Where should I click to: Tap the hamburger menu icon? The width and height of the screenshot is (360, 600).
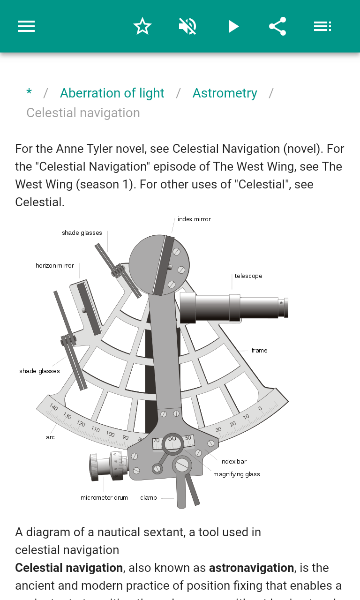point(26,26)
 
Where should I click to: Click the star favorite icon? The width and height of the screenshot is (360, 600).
point(142,26)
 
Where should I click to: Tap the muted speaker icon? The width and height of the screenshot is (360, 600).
point(187,26)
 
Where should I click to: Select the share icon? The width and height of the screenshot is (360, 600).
point(277,26)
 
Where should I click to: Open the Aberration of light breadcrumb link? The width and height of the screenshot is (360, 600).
point(112,93)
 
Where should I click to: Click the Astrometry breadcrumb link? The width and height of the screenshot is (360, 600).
point(225,93)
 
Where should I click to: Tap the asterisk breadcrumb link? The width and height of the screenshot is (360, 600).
point(29,93)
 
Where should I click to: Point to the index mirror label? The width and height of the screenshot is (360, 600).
point(194,219)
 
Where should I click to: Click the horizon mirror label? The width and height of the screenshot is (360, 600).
point(55,266)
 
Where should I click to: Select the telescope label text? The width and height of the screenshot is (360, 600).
point(248,276)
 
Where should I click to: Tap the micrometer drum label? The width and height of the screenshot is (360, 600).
point(104,498)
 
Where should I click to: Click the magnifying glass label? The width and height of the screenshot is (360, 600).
point(236,474)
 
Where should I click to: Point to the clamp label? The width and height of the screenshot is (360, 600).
point(149,498)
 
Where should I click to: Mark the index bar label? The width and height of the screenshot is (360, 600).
point(233,462)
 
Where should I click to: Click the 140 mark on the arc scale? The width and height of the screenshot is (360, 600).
point(53,407)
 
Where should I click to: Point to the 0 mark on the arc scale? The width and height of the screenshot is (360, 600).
point(260,408)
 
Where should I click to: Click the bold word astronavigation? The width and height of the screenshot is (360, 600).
point(251,568)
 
